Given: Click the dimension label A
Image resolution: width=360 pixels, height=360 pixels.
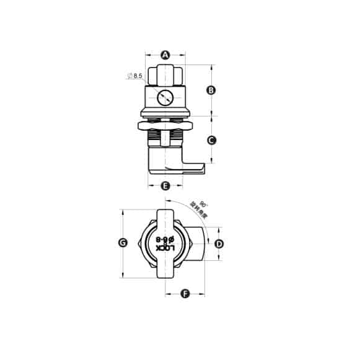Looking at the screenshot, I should (x=165, y=55).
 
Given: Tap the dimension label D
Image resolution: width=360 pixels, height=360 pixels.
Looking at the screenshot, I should (x=218, y=244).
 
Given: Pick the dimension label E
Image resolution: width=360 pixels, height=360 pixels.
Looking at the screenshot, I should (x=165, y=186).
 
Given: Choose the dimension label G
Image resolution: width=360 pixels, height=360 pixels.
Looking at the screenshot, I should (x=123, y=244).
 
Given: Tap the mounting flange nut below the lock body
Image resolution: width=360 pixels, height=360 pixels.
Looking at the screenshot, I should (x=165, y=126).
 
